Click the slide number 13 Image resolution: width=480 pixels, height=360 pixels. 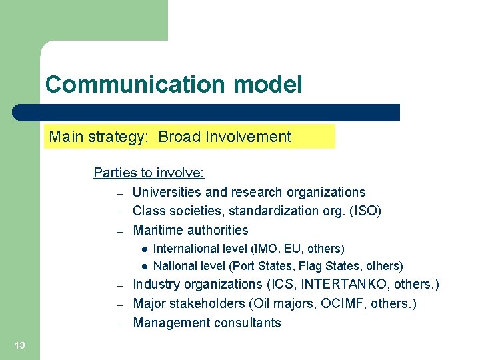pyautogui.click(x=20, y=345)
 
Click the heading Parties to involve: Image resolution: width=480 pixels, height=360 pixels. pyautogui.click(x=149, y=173)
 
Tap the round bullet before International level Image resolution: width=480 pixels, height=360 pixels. pyautogui.click(x=143, y=249)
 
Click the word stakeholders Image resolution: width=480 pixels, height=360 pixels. pyautogui.click(x=209, y=303)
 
